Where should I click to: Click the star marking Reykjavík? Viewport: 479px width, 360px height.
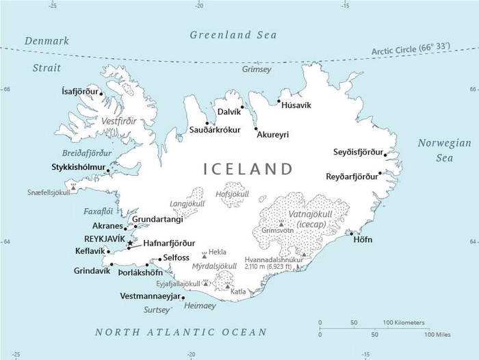point(129,242)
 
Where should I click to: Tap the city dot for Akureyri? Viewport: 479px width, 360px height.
point(256,128)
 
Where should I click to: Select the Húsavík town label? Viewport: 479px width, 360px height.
point(296,105)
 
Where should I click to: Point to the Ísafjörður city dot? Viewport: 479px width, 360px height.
point(101,93)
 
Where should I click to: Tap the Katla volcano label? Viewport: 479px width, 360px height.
point(238,291)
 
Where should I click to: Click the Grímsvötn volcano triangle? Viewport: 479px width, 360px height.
point(281,223)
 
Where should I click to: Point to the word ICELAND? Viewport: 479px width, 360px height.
point(248,168)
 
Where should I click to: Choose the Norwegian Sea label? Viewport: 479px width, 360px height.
point(445,151)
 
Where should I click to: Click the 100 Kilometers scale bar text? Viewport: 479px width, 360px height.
point(404,322)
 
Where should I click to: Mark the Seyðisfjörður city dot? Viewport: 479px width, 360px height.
point(385,155)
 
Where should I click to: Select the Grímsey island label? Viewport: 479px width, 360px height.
point(257,69)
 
